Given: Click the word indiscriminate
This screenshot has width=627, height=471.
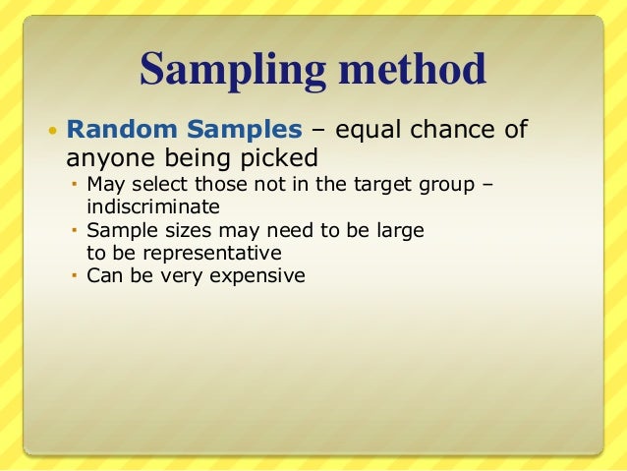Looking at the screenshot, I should point(153,207).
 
